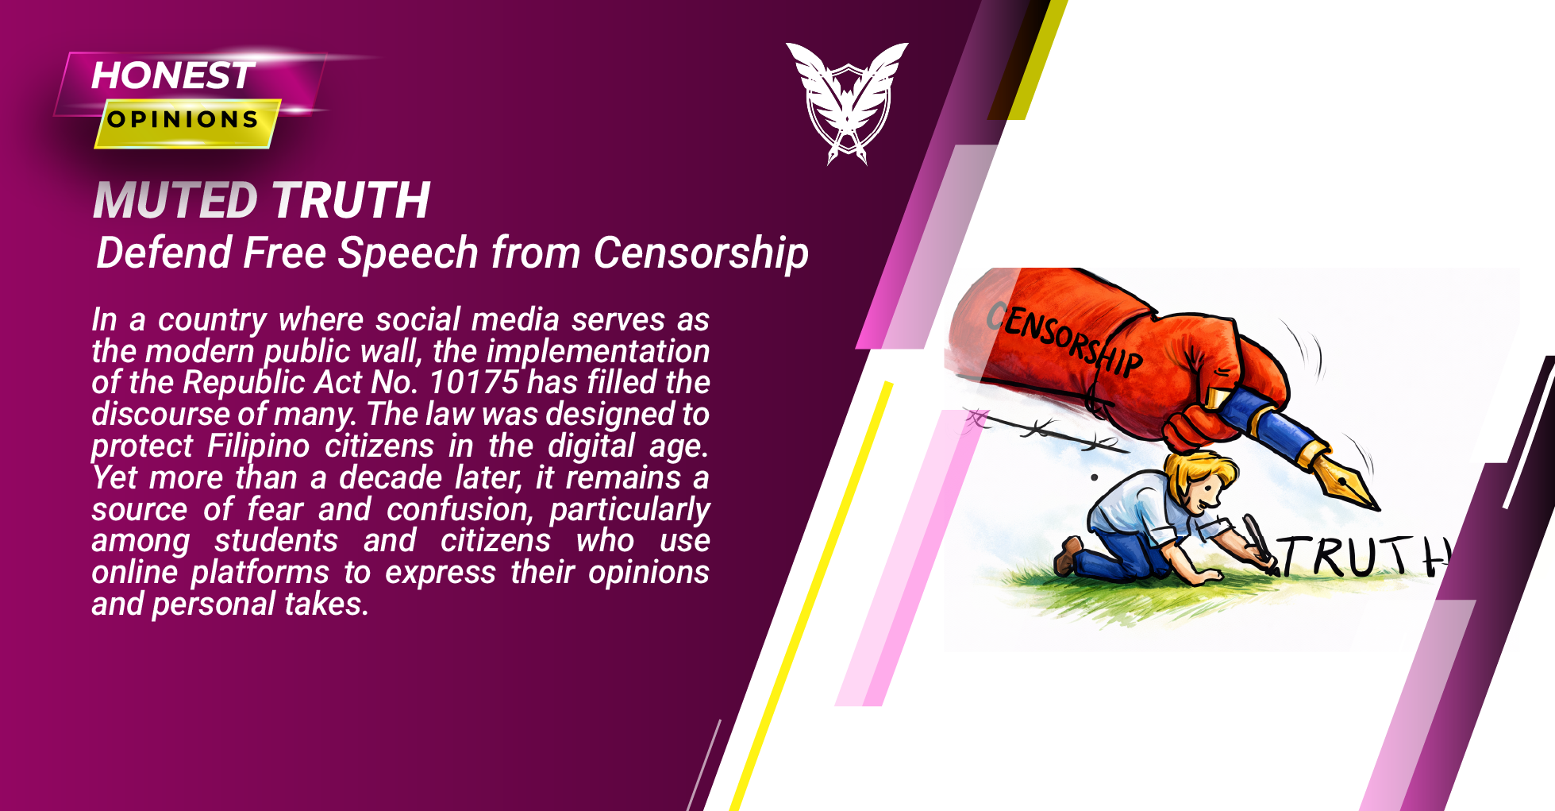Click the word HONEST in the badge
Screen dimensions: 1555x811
coord(173,75)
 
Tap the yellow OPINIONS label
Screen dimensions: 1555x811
coord(184,120)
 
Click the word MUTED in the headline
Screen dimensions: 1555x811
coord(175,199)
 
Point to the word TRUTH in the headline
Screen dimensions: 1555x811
coord(351,199)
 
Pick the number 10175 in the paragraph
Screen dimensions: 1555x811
coord(473,382)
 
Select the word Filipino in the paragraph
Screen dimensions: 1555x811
coord(258,446)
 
